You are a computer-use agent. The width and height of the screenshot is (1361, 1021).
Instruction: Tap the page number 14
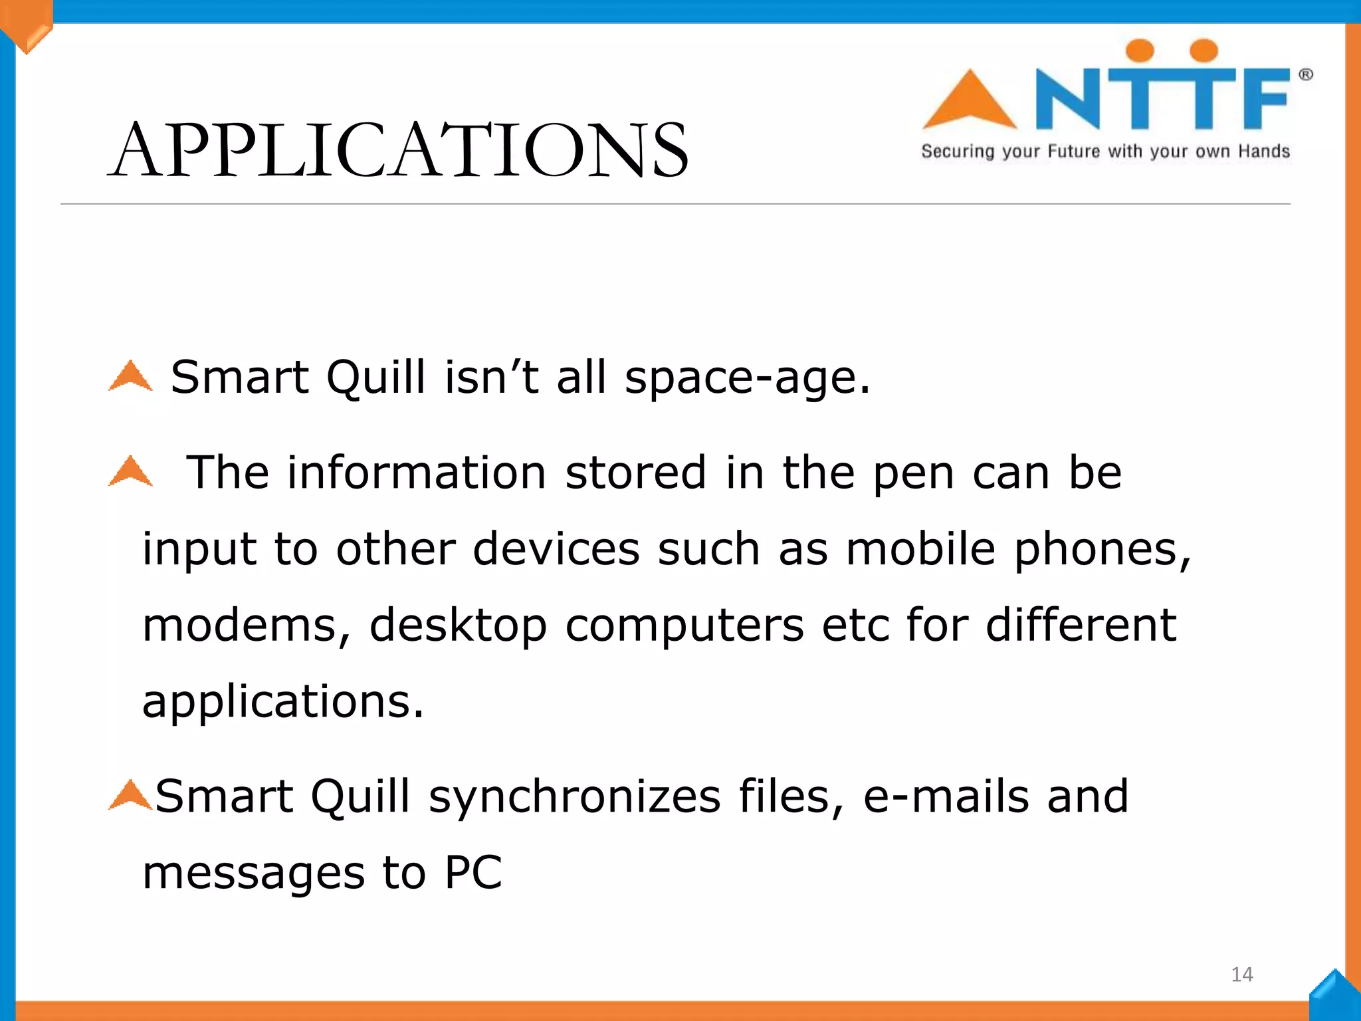[1241, 974]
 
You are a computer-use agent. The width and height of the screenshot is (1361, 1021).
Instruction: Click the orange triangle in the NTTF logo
[970, 101]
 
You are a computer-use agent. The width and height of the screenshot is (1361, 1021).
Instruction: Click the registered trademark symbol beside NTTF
[1306, 74]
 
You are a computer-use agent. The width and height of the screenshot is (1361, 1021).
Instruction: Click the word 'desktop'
[458, 627]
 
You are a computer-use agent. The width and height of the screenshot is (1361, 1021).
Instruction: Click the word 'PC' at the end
[473, 872]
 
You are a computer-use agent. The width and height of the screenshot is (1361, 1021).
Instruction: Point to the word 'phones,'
[1102, 550]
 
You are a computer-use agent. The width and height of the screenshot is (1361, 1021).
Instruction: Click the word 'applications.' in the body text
[283, 703]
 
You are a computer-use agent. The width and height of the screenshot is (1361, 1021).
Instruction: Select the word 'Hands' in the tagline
[1264, 152]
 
